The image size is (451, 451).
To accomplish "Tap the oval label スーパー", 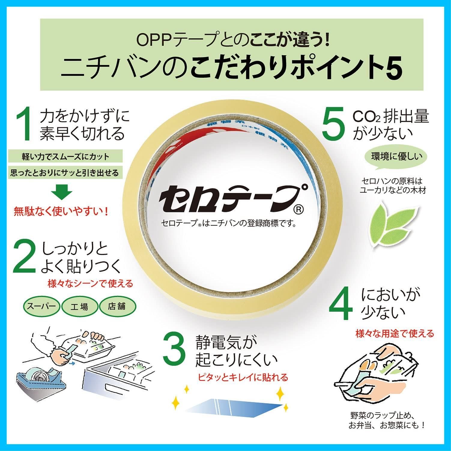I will tap(41, 306).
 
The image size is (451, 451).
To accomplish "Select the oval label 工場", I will tap(80, 307).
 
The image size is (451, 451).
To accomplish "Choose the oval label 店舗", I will tap(117, 306).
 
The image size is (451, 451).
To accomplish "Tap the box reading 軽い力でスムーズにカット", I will tap(65, 156).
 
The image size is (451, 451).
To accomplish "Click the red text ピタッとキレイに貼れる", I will tap(243, 377).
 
